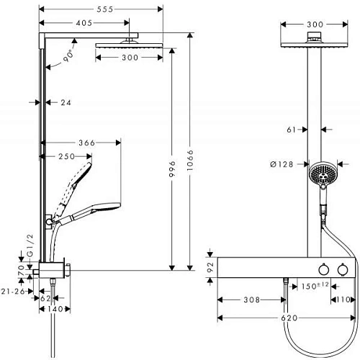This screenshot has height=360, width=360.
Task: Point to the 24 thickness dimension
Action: pyautogui.click(x=66, y=103)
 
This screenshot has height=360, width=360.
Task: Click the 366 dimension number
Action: pyautogui.click(x=87, y=143)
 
